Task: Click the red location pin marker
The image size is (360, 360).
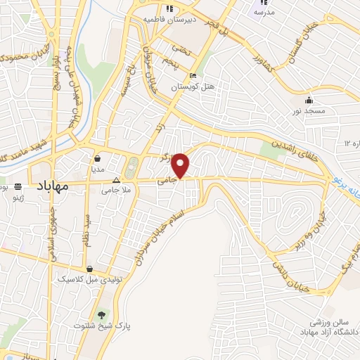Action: (181, 165)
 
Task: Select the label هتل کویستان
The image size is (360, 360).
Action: (193, 88)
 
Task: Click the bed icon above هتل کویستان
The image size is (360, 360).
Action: (193, 77)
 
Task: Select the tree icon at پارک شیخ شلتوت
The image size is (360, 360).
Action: (103, 314)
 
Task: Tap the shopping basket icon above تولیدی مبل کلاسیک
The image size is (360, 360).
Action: (90, 268)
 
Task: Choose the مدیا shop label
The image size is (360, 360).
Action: (97, 169)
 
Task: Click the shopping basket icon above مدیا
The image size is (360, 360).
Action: (97, 157)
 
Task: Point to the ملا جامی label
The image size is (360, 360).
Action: (115, 190)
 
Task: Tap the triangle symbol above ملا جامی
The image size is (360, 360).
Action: (116, 179)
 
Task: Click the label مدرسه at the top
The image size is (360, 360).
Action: (264, 13)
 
